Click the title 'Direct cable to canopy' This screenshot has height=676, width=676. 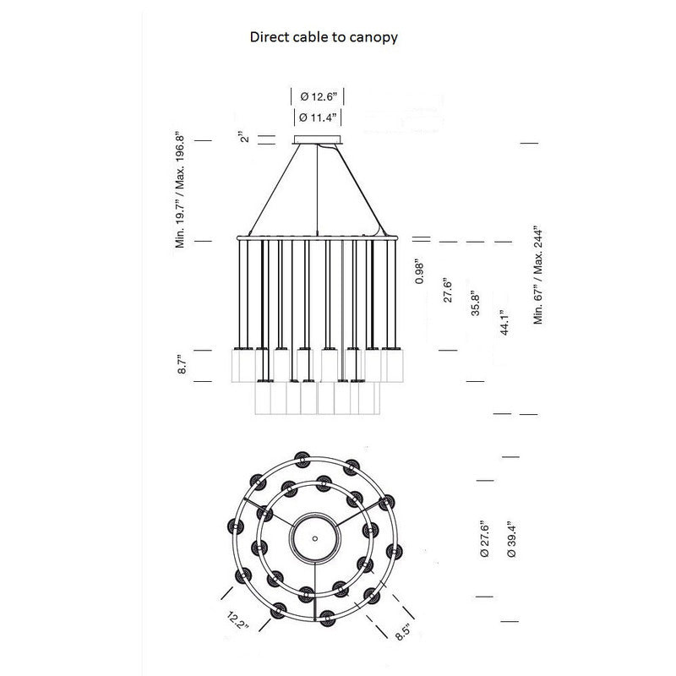[324, 37]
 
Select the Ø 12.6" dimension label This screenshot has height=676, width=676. [318, 96]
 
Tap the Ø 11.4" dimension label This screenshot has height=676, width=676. [318, 117]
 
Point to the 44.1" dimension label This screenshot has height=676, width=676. [504, 324]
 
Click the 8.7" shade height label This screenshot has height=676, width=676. [182, 366]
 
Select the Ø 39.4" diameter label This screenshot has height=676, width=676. [511, 539]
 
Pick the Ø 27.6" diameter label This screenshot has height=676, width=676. [483, 539]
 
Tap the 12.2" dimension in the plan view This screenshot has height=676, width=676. [237, 624]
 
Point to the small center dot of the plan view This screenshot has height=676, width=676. [314, 537]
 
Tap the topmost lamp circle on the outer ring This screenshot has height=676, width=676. [300, 460]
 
